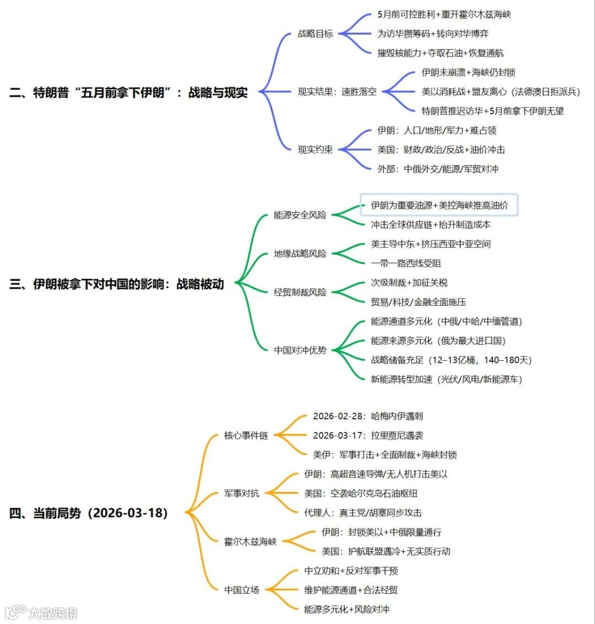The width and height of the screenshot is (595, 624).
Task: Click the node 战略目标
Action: point(315,34)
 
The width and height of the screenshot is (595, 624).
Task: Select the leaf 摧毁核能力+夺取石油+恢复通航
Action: point(440,53)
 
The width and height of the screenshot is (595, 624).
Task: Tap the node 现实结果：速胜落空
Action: point(337,91)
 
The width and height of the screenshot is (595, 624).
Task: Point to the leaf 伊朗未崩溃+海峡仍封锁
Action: point(468,72)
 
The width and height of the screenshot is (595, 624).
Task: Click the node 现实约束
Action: point(315,149)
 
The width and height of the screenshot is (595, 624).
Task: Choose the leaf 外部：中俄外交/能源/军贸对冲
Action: point(437,169)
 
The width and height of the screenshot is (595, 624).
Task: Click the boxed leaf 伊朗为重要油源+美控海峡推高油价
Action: point(439,205)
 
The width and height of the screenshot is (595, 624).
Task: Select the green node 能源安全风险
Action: point(300,215)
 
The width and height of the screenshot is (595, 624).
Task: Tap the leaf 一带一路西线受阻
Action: point(405,263)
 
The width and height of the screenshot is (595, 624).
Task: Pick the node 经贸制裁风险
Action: point(300,292)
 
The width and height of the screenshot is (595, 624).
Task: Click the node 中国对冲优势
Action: point(300,350)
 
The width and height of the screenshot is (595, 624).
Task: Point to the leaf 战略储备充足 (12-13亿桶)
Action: point(451,360)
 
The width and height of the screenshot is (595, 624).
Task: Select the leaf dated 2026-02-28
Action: point(367,416)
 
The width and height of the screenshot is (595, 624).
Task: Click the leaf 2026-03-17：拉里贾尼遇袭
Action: point(367,435)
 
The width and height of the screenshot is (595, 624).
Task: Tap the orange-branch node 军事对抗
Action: point(241,493)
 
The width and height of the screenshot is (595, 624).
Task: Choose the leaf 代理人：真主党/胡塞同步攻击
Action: point(363,512)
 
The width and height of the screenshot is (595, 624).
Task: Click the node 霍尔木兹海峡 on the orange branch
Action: point(250,541)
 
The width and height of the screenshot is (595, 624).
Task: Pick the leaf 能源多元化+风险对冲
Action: point(347,609)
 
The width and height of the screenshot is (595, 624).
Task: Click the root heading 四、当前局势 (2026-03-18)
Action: point(88,513)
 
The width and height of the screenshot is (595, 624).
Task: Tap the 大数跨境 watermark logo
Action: point(41,612)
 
